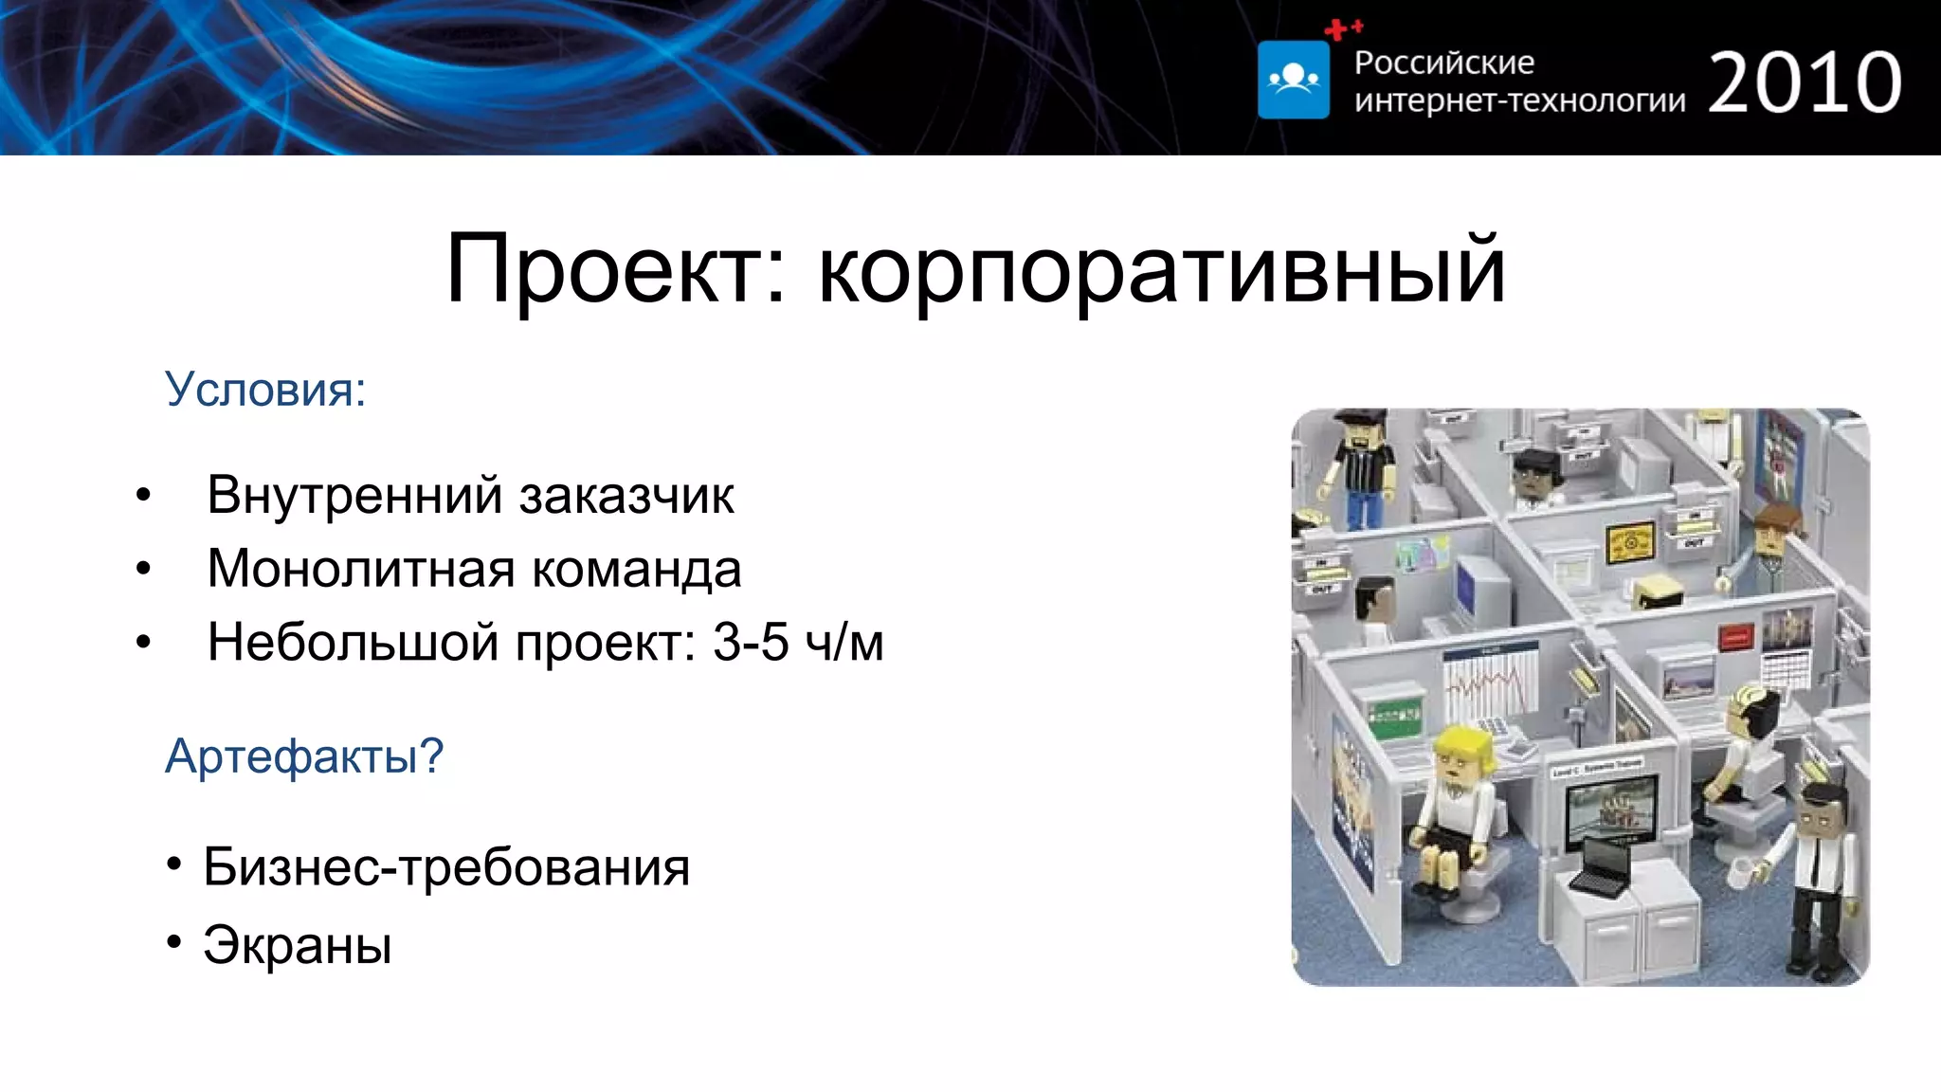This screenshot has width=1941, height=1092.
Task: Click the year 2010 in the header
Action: (1805, 83)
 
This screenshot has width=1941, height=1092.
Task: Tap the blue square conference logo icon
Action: (1293, 80)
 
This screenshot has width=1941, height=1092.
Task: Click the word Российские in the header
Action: (1443, 63)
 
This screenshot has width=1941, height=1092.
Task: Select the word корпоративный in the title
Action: (1161, 269)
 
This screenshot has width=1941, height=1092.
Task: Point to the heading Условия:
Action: (265, 389)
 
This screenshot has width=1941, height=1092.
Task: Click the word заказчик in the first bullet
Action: (626, 495)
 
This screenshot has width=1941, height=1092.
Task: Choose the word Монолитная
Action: (360, 569)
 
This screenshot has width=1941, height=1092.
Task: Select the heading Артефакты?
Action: (304, 756)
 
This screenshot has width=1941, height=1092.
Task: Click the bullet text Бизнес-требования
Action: (446, 866)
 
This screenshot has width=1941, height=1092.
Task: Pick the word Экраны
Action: (298, 945)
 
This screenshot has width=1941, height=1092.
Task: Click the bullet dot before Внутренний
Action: (143, 495)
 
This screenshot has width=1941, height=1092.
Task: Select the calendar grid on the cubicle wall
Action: (1786, 669)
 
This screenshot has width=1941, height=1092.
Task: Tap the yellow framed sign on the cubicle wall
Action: (1630, 542)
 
